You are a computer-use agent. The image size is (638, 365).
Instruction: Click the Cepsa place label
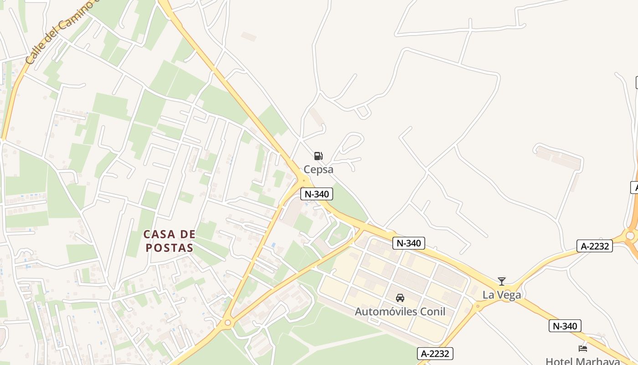319,169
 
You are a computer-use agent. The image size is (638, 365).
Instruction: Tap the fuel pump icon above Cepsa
319,156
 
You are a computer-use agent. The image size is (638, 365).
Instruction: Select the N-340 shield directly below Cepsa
317,194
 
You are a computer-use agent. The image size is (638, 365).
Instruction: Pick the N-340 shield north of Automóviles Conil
408,243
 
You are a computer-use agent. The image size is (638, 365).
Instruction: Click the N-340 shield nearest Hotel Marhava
565,326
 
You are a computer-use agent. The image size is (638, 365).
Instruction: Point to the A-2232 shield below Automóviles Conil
435,353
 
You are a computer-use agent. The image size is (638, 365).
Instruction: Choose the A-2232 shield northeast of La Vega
594,246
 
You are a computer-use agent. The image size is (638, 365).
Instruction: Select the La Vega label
502,295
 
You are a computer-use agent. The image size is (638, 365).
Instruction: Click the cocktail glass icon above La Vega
502,282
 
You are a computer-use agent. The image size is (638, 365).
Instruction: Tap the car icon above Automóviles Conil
400,298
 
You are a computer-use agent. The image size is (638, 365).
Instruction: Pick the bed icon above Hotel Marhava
583,349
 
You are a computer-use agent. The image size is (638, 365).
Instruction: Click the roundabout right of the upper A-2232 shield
630,235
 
